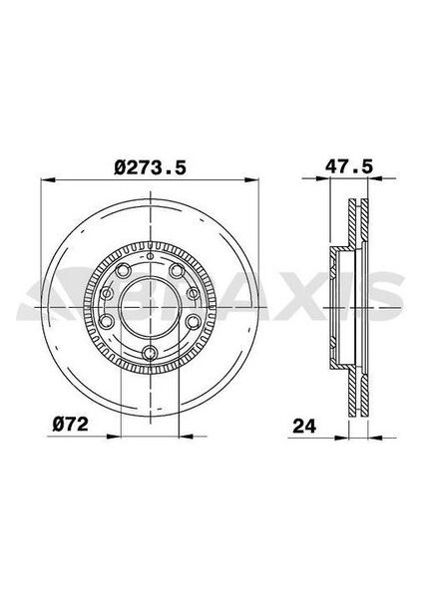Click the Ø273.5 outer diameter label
click(151, 167)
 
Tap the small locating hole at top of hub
click(149, 261)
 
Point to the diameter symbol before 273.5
click(120, 167)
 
